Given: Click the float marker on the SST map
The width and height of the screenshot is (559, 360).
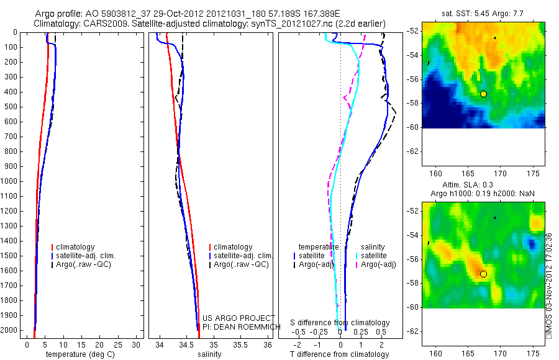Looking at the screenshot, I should tap(483, 94).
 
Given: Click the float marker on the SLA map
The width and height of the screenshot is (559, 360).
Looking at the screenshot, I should tap(483, 274).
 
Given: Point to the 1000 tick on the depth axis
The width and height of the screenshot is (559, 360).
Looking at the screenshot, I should tap(12, 182).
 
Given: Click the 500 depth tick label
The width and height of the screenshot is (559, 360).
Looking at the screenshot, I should tap(12, 107).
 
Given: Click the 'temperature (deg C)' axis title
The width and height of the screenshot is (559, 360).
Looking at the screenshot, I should tap(78, 354).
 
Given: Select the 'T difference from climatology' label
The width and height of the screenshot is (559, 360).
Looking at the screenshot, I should tap(339, 354).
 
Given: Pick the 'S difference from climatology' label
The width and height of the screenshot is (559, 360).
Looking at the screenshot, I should tap(340, 323).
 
